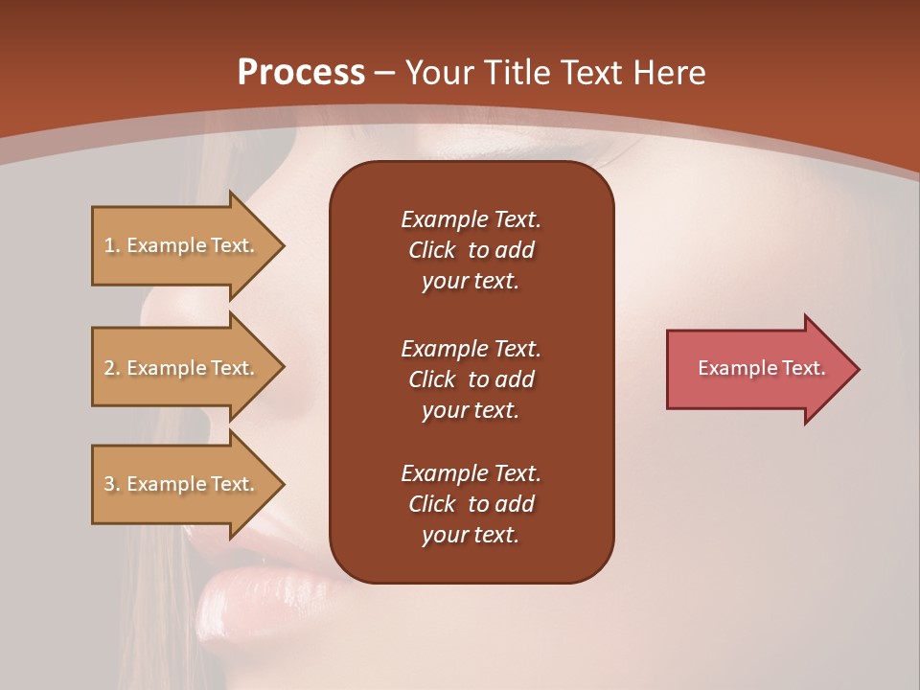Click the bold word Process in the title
coord(301,73)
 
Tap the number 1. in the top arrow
coord(112,245)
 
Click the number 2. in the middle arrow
coord(112,368)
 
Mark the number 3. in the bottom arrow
coord(112,484)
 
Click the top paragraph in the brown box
coord(471,250)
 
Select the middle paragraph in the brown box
coord(471,379)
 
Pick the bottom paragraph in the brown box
coord(471,504)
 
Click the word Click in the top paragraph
coord(432,250)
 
